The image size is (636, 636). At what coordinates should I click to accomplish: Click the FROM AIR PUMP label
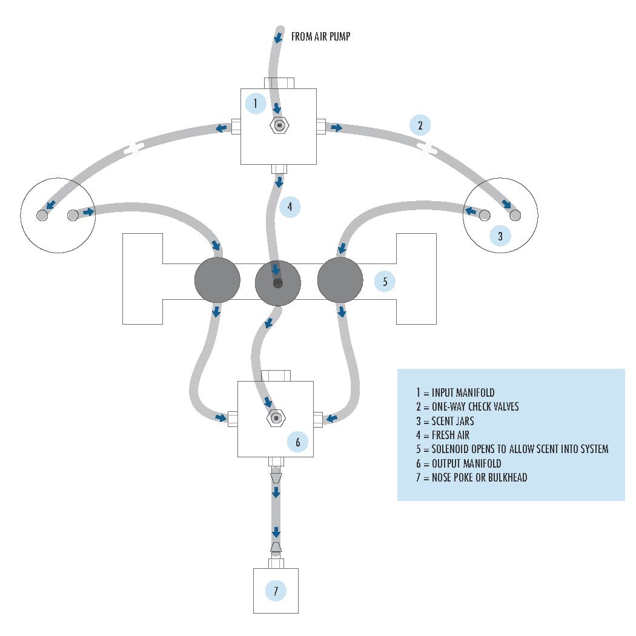tap(320, 37)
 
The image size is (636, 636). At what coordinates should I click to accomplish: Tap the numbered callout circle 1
tap(256, 104)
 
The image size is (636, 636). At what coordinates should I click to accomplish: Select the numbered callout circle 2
tap(420, 125)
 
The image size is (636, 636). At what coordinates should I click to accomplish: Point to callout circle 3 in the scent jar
tap(500, 236)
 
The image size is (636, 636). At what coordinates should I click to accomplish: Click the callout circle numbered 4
tap(290, 207)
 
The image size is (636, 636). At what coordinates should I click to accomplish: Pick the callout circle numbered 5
tap(385, 281)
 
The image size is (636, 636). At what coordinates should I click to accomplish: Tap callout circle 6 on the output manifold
tap(297, 442)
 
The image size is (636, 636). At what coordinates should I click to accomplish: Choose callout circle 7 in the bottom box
tap(276, 591)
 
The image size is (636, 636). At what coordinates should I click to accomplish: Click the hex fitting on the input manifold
tap(279, 125)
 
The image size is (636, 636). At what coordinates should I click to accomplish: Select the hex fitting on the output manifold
tap(276, 418)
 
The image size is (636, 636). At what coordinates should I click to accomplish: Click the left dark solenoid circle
tap(217, 280)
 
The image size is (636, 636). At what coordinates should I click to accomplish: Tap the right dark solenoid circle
tap(340, 280)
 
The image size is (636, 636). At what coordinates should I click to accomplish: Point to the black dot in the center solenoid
tap(277, 283)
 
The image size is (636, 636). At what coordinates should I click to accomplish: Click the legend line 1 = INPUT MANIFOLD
tap(455, 393)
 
